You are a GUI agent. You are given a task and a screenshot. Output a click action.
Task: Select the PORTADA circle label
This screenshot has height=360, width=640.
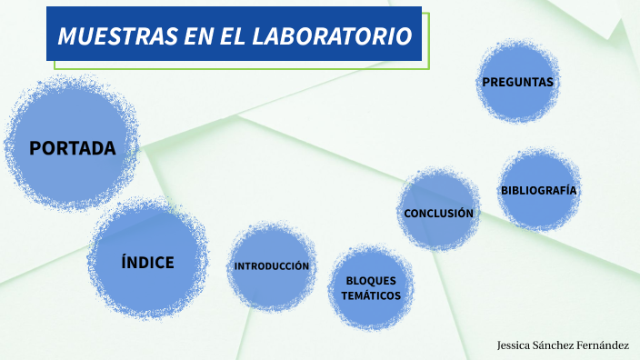73,148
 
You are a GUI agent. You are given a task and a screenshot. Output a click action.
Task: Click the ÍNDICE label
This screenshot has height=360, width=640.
147,263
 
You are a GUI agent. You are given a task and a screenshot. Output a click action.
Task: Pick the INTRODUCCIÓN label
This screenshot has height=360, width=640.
272,266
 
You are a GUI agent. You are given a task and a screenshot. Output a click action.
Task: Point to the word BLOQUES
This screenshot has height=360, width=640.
371,281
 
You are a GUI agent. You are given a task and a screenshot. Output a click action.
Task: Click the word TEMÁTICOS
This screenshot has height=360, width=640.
371,295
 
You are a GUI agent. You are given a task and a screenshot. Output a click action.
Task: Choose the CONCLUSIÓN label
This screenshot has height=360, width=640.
439,213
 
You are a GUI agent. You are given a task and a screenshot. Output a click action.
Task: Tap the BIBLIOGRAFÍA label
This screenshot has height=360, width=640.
539,190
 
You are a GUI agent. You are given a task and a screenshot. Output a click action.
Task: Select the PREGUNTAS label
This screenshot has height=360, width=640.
517,82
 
